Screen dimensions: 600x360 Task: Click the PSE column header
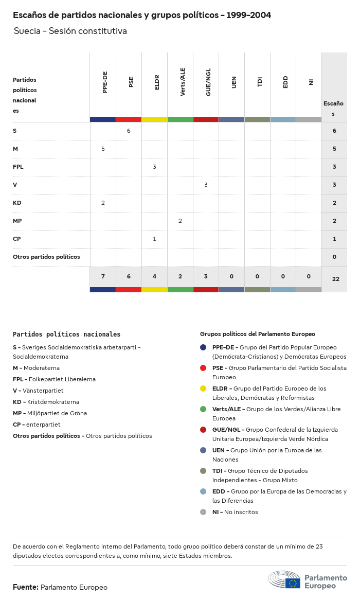(x=131, y=82)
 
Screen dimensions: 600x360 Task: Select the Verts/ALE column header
(x=183, y=82)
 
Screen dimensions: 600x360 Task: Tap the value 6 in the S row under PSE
(x=129, y=131)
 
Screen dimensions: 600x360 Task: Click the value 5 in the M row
(x=103, y=149)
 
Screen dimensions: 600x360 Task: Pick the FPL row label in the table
(x=18, y=167)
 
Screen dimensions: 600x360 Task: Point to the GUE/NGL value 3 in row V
(x=206, y=185)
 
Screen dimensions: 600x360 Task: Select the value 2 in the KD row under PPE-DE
(x=103, y=203)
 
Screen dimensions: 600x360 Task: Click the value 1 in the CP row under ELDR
(x=154, y=239)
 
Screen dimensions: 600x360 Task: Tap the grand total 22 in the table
(x=336, y=279)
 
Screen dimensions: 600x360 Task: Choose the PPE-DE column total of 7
(x=103, y=277)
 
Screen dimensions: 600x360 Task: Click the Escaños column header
(x=333, y=108)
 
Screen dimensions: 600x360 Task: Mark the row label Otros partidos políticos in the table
(x=46, y=257)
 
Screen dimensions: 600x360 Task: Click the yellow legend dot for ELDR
(x=204, y=389)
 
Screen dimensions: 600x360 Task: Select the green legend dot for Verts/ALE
(x=204, y=409)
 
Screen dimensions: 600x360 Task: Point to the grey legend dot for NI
(x=204, y=512)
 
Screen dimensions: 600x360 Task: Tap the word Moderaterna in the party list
(x=42, y=368)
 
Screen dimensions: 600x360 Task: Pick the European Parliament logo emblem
(x=284, y=580)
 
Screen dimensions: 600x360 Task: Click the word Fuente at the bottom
(x=25, y=587)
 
